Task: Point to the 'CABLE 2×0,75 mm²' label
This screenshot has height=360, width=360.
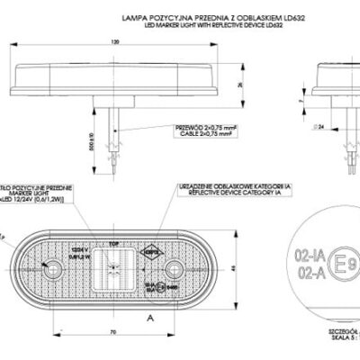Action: click(x=200, y=136)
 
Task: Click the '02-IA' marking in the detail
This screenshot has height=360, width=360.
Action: click(x=298, y=255)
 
